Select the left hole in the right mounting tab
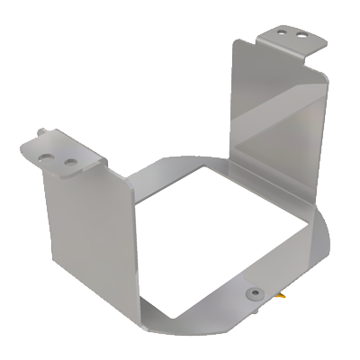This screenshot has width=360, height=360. [x=284, y=29]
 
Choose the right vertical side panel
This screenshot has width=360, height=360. [x=274, y=126]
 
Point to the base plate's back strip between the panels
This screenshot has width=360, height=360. [x=180, y=166]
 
